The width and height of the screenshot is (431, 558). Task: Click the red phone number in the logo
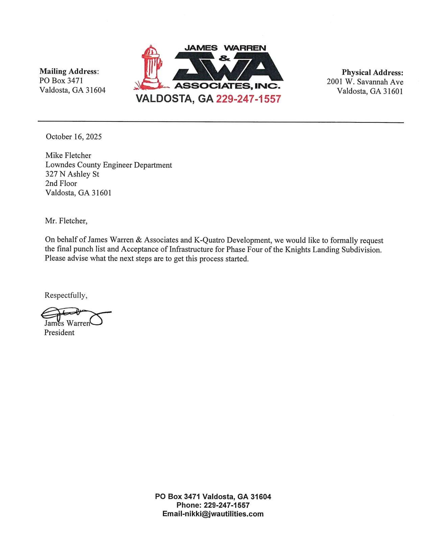click(x=248, y=99)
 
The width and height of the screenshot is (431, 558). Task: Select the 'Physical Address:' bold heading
click(x=372, y=72)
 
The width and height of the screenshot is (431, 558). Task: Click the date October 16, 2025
click(x=74, y=137)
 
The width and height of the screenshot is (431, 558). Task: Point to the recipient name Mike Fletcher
click(x=68, y=156)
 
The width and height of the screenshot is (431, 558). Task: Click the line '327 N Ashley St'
click(x=72, y=174)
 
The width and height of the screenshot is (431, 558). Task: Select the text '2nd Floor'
click(x=61, y=184)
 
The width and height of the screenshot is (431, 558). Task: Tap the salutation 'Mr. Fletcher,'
click(x=66, y=221)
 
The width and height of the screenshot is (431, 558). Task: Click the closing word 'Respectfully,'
click(x=66, y=295)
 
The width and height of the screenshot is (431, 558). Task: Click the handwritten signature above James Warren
click(x=74, y=315)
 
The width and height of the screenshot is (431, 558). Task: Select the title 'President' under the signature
click(x=59, y=333)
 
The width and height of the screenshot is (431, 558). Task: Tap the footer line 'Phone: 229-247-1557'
click(x=213, y=505)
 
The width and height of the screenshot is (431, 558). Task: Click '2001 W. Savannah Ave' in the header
click(x=365, y=82)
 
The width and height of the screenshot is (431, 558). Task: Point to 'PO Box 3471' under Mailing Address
click(x=61, y=81)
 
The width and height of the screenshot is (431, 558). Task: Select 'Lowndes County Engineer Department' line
click(x=109, y=165)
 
